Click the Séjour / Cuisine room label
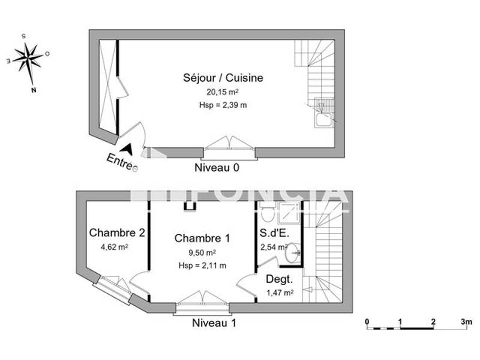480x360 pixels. [223, 78]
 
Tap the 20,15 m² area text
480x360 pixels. [223, 92]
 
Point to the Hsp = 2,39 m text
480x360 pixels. [223, 105]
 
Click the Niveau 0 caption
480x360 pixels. [217, 168]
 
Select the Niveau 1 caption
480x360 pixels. [214, 323]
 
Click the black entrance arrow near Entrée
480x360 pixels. [127, 148]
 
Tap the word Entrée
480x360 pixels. [122, 163]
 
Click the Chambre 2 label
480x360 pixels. [117, 233]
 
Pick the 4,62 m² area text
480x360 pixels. [114, 246]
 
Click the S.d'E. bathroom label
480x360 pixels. [274, 233]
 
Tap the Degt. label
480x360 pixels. [279, 279]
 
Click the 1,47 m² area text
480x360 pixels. [279, 293]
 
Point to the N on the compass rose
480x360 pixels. [34, 91]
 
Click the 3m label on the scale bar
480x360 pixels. [466, 321]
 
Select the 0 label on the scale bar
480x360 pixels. [367, 321]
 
